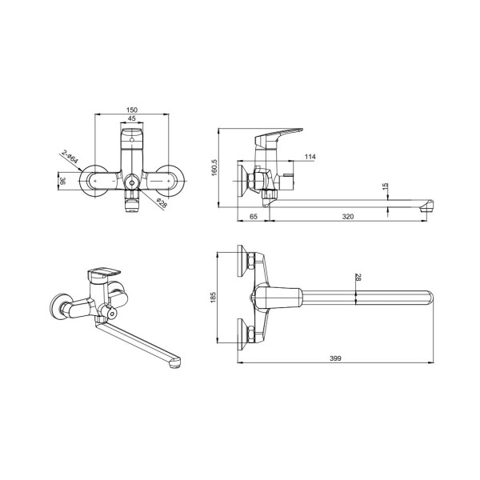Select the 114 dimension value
tap(310, 158)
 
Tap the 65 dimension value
tap(253, 216)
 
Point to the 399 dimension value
tap(336, 358)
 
